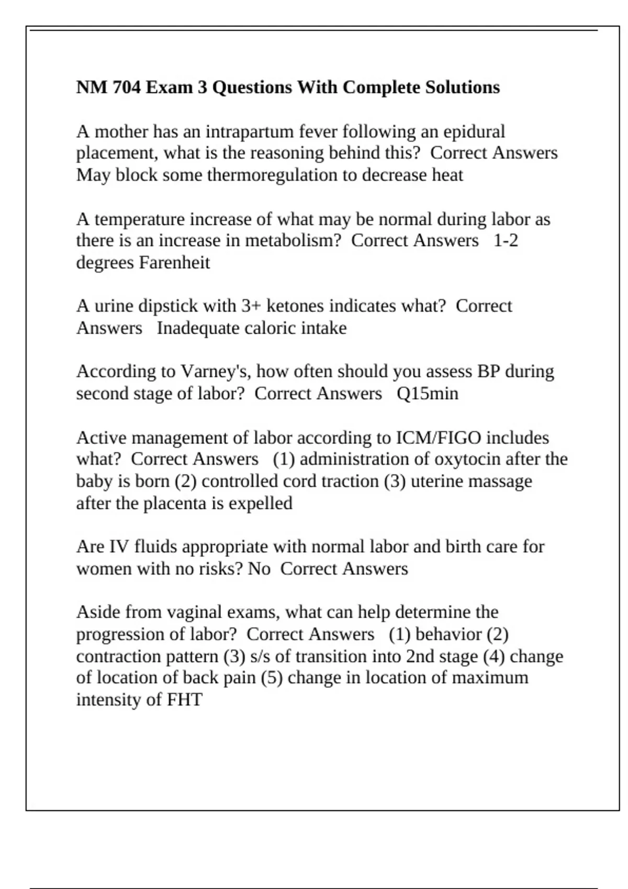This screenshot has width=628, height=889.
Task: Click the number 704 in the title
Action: [127, 87]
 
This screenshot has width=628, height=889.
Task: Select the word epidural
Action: [474, 131]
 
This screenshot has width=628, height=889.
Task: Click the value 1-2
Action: [506, 241]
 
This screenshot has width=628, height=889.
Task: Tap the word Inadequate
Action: [190, 328]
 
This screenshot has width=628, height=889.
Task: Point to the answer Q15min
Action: [428, 393]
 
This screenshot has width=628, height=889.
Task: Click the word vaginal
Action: [206, 612]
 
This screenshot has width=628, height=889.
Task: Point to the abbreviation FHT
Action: [185, 700]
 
